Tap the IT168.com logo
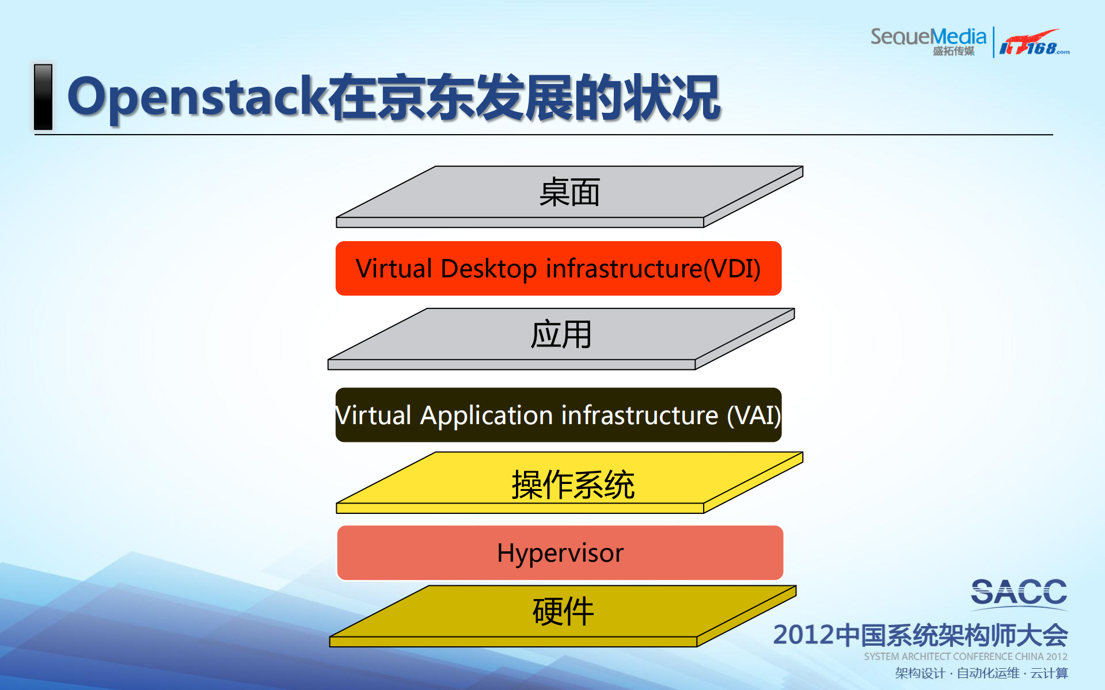pyautogui.click(x=1034, y=43)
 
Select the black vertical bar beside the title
pyautogui.click(x=43, y=97)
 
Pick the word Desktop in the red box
pyautogui.click(x=488, y=269)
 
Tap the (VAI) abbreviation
pyautogui.click(x=753, y=415)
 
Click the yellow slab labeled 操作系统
pyautogui.click(x=572, y=485)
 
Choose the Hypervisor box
pyautogui.click(x=560, y=553)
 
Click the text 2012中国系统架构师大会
pyautogui.click(x=920, y=635)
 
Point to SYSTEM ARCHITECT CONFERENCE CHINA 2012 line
pyautogui.click(x=965, y=657)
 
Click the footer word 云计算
pyautogui.click(x=1049, y=673)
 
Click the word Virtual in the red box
pyautogui.click(x=394, y=269)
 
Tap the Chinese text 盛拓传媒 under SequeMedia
pyautogui.click(x=953, y=51)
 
